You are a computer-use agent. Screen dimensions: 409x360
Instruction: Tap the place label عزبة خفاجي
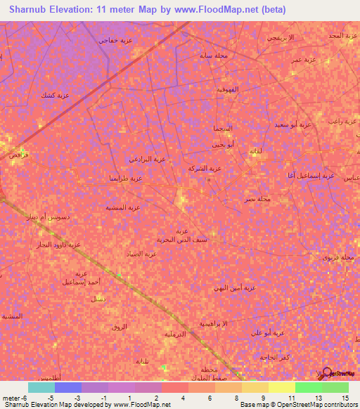pyautogui.click(x=117, y=40)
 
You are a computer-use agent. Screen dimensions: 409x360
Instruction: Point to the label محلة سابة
pyautogui.click(x=212, y=54)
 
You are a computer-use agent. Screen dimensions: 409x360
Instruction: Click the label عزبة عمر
pyautogui.click(x=307, y=60)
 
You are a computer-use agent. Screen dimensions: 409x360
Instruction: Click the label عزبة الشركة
pyautogui.click(x=205, y=169)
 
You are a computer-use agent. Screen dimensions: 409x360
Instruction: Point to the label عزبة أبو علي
pyautogui.click(x=267, y=332)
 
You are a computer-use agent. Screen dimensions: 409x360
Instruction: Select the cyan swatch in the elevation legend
pyautogui.click(x=41, y=387)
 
